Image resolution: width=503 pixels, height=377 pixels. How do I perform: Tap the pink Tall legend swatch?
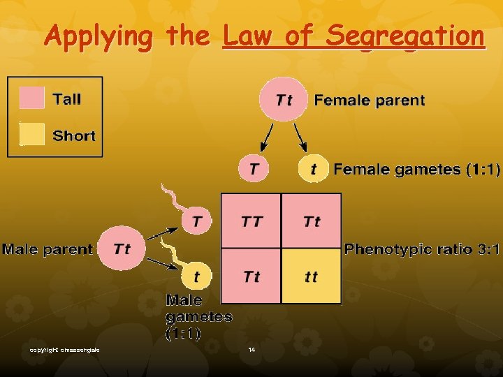tap(33, 98)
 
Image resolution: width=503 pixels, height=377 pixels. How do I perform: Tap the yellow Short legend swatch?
tap(33, 135)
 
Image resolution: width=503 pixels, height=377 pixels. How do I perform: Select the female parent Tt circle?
tap(284, 100)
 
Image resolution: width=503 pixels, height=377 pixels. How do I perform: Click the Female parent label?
tap(369, 100)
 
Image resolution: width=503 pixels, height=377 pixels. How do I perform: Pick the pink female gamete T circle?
tap(254, 169)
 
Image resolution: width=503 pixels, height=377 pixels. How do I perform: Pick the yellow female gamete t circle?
tap(313, 169)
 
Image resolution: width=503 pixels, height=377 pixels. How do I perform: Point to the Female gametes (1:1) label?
tap(416, 169)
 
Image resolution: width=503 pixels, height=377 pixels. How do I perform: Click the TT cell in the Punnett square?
tap(251, 221)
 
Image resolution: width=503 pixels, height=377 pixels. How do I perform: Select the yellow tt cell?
tap(311, 276)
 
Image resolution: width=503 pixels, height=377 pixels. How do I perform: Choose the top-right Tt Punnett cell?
tap(312, 221)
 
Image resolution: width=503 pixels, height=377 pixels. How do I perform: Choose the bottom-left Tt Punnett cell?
tap(251, 276)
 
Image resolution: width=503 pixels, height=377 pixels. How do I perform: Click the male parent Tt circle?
tap(121, 249)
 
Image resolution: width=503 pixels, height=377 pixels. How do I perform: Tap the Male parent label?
tap(48, 249)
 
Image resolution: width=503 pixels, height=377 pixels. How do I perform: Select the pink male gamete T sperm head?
tap(197, 222)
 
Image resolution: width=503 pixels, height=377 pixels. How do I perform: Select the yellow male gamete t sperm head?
tap(196, 276)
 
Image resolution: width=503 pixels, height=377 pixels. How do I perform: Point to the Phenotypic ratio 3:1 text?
tap(422, 249)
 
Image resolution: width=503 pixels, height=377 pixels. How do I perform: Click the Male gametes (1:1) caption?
tap(198, 317)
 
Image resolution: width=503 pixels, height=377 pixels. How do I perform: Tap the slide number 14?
tap(251, 349)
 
